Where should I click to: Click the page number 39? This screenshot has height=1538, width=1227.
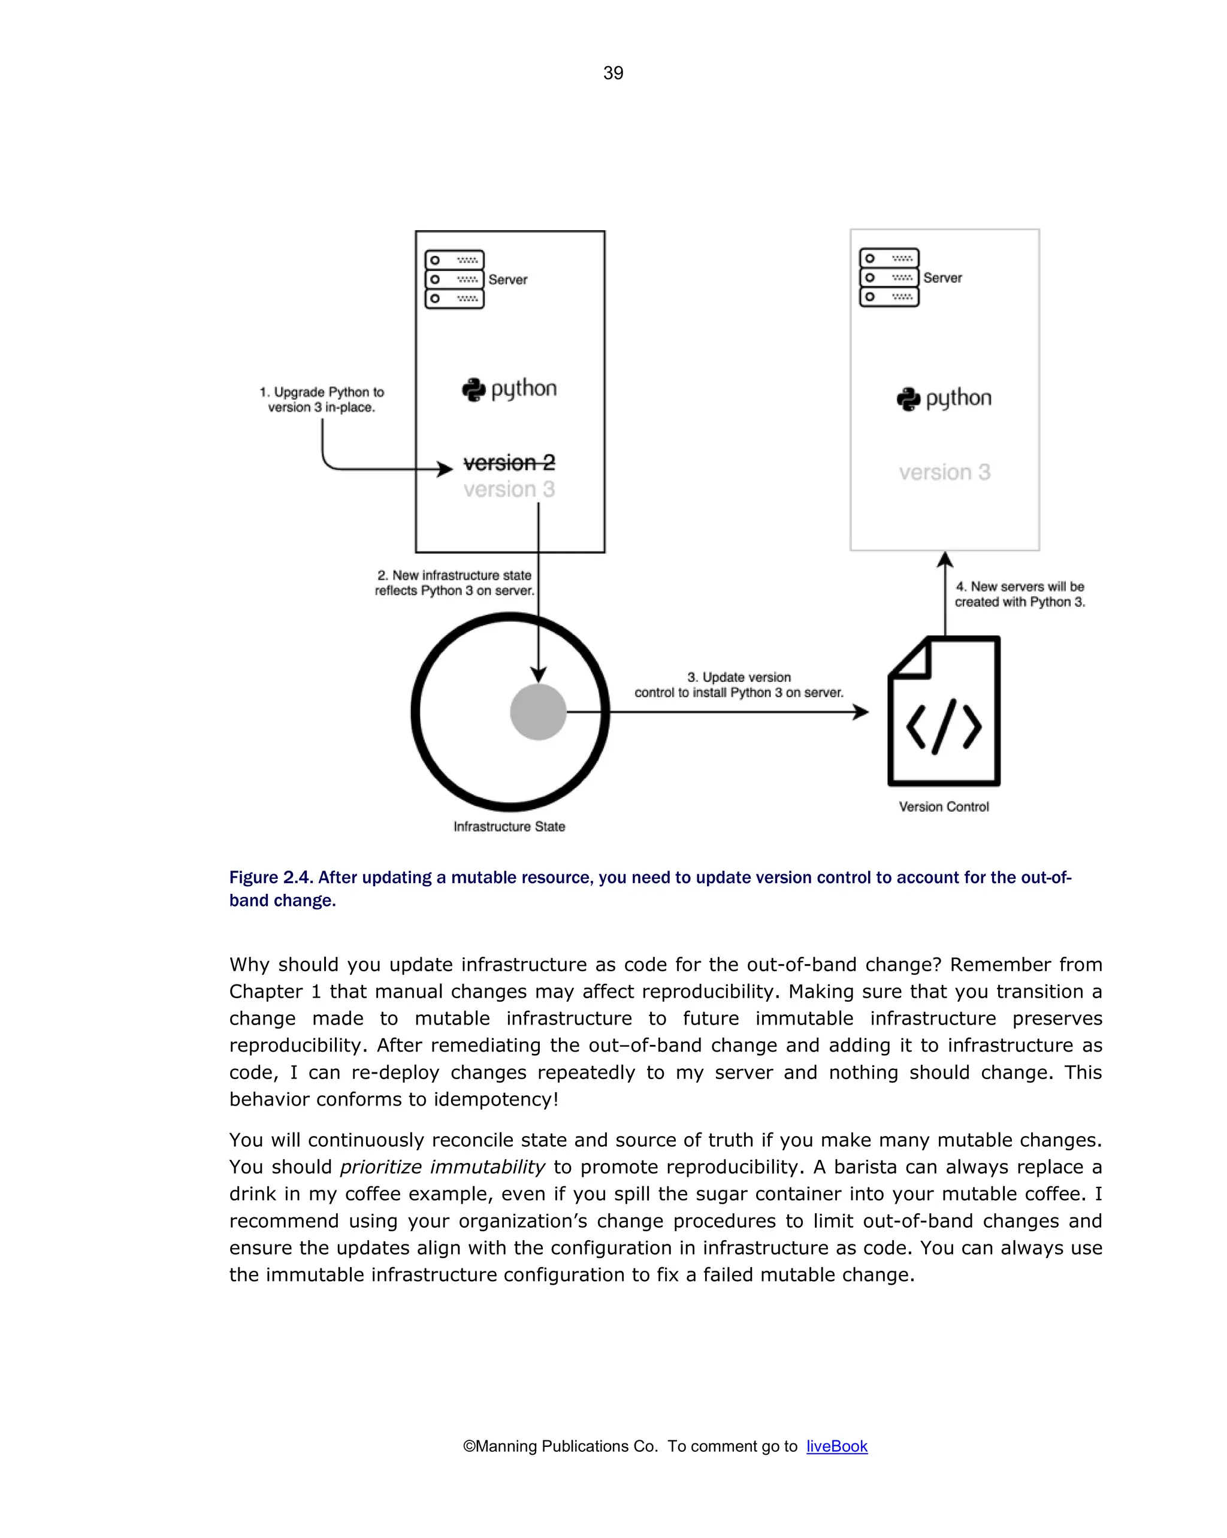coord(613,72)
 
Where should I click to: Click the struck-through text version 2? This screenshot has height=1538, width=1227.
coord(509,463)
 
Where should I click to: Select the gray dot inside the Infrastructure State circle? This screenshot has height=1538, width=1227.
coord(538,711)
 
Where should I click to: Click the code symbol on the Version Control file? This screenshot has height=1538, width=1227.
coord(943,726)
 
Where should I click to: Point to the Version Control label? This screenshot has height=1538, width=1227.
coord(943,807)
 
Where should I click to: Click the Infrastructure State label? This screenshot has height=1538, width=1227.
coord(509,826)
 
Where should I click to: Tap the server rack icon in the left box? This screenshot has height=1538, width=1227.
coord(454,279)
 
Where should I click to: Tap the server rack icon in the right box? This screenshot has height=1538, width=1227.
coord(889,277)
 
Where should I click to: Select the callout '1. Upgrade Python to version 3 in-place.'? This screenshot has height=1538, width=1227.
coord(322,400)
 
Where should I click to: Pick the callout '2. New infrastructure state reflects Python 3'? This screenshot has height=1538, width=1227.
coord(454,583)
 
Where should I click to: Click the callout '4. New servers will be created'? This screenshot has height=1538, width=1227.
coord(1020,594)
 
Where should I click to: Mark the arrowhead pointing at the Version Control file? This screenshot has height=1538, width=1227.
coord(862,711)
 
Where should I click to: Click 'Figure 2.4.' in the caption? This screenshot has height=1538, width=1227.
coord(271,877)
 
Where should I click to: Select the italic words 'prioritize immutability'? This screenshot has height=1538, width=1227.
coord(442,1167)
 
